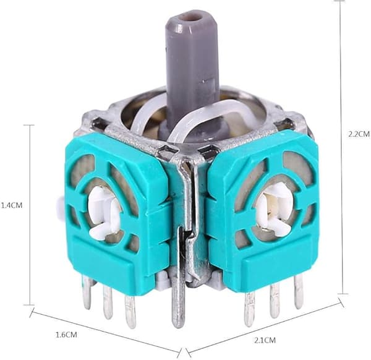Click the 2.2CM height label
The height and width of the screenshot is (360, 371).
coord(359,134)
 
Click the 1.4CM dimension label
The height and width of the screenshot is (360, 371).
coord(12,205)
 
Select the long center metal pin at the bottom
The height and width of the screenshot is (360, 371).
coord(177,303)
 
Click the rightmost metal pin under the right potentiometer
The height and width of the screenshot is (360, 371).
coord(299,293)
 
